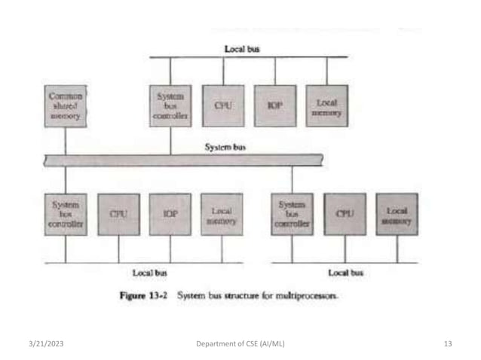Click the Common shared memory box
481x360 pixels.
(x=66, y=106)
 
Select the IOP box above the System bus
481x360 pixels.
(x=275, y=106)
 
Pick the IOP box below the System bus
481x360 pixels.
(x=170, y=214)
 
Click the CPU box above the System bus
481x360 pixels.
(x=223, y=106)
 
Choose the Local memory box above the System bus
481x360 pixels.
(x=327, y=106)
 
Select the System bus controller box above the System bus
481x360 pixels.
(x=170, y=106)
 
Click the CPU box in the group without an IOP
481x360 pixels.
(x=345, y=214)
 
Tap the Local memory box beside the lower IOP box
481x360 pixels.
(x=222, y=214)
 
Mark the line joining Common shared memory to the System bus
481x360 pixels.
(x=66, y=140)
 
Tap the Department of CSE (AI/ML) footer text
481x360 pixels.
(x=240, y=344)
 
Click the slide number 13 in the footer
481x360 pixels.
(x=448, y=344)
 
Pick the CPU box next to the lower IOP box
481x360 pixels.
(x=118, y=214)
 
